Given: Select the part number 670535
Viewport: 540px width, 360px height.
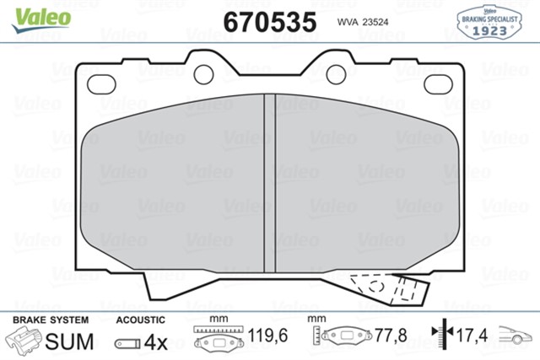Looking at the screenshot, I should point(269,21).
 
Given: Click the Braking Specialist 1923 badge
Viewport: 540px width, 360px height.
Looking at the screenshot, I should point(489,21).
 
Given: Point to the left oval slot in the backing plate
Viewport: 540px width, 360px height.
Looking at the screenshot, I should point(103,83).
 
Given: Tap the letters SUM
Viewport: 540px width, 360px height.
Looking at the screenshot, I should point(67,341).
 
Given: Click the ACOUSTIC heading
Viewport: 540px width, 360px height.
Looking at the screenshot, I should point(139,320).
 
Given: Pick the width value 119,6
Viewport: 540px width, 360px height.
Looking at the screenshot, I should point(269,336).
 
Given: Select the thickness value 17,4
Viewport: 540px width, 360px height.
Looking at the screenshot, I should point(472,336).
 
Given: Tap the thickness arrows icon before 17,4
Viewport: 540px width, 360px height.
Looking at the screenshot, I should point(440,336).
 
